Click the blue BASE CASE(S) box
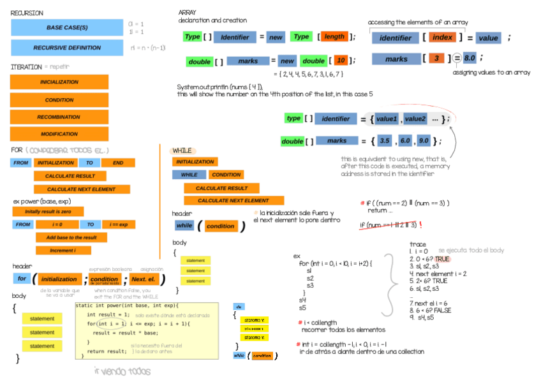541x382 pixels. tap(67, 27)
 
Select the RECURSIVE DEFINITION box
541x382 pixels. tap(67, 48)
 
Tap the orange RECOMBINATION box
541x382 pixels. tap(59, 117)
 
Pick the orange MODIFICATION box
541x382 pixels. tap(59, 135)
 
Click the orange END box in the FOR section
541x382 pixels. tap(117, 163)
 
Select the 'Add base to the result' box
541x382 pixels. tap(71, 237)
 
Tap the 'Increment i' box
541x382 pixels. tap(63, 251)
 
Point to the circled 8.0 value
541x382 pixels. tap(470, 59)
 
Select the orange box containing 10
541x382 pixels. tap(341, 61)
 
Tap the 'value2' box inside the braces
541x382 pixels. tap(415, 119)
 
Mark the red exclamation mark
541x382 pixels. tap(421, 225)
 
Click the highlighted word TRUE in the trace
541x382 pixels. tap(441, 259)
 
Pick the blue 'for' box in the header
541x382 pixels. tap(21, 279)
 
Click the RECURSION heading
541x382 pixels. tap(27, 12)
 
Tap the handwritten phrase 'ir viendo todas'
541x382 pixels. tap(122, 371)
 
